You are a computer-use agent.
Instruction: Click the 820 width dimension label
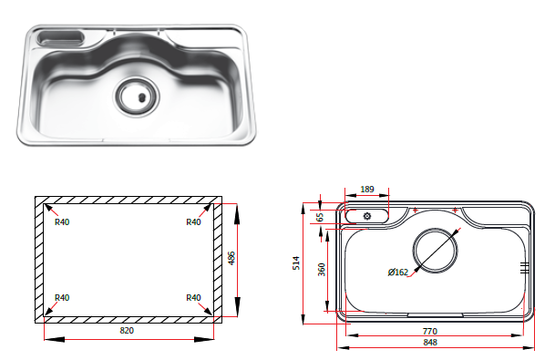point(127,331)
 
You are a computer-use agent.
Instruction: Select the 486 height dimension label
point(231,258)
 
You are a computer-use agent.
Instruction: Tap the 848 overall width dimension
point(430,343)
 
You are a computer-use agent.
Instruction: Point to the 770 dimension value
point(430,332)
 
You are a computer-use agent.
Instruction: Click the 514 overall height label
point(296,263)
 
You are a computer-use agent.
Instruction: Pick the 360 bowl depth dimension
point(322,270)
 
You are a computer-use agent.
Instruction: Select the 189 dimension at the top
point(367,190)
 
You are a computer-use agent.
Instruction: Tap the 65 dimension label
point(320,217)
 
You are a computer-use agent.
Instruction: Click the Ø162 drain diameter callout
point(398,273)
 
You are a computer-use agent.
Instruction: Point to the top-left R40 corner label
point(62,222)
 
